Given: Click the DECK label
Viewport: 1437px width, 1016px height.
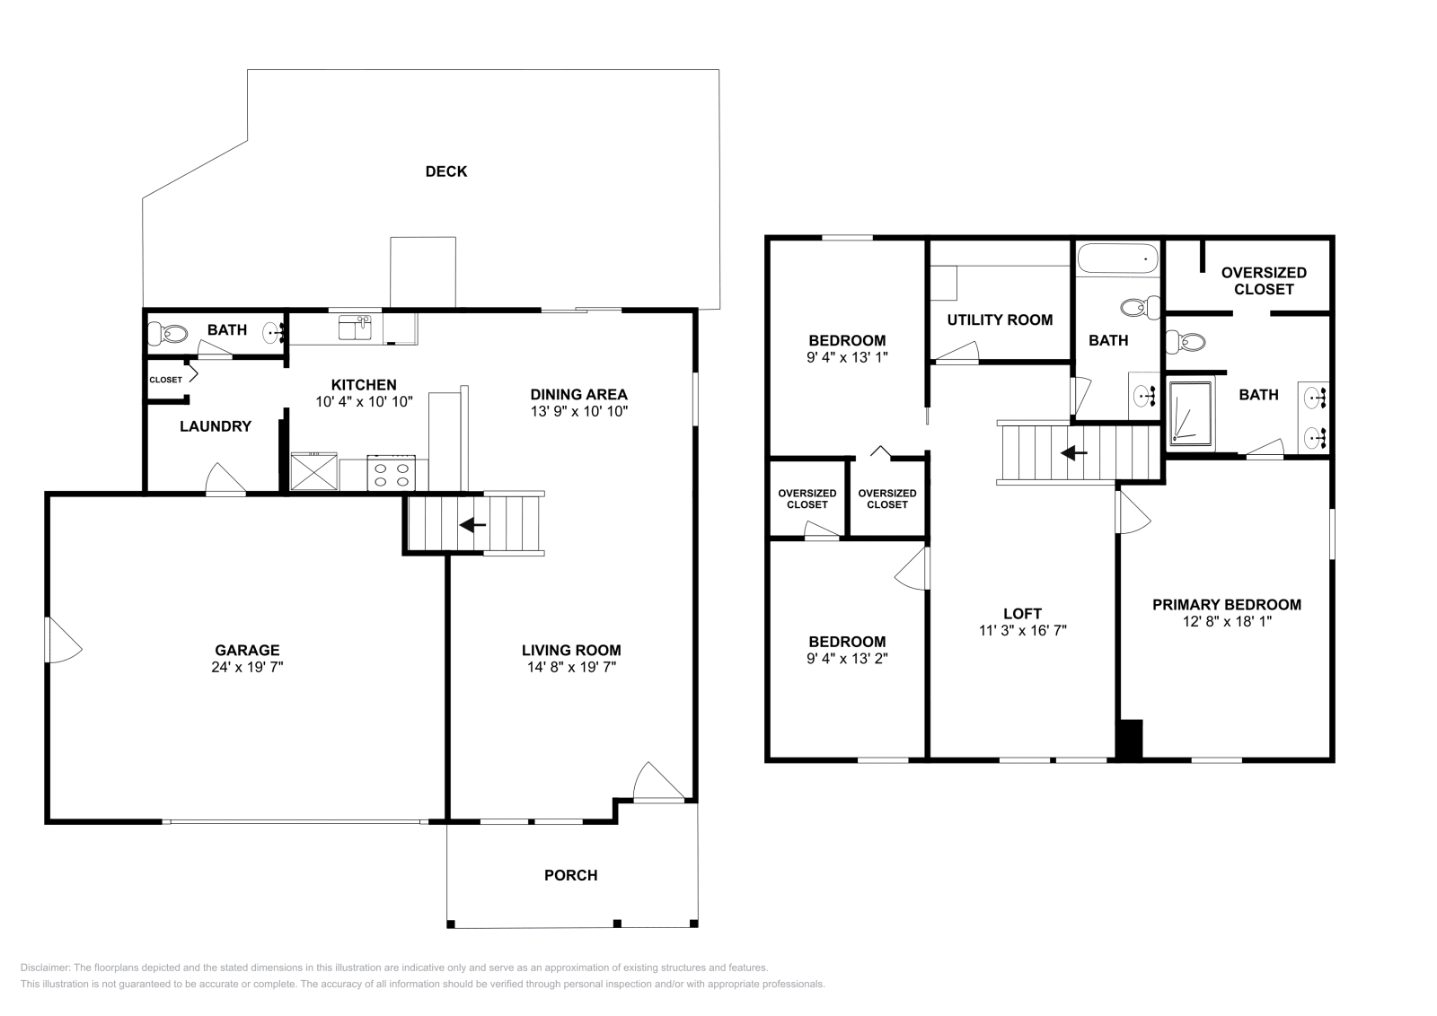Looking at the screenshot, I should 445,171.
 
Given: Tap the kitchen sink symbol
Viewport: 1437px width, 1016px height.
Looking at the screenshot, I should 355,328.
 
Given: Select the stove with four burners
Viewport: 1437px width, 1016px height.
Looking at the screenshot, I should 392,473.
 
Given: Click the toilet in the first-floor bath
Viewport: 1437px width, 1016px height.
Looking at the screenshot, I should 169,334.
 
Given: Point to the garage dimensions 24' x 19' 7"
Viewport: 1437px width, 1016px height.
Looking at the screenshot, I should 247,667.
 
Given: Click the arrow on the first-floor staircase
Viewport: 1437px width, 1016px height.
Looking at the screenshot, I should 472,524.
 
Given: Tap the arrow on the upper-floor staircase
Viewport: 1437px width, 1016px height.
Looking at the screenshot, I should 1073,453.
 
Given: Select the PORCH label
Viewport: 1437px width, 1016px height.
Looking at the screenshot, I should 570,875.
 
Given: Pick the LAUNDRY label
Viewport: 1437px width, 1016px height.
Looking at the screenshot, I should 215,426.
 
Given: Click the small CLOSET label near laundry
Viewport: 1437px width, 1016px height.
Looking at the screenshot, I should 165,380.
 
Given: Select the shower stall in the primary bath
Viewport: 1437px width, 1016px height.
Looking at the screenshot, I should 1190,412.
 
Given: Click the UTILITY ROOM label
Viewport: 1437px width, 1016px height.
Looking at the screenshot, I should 1000,320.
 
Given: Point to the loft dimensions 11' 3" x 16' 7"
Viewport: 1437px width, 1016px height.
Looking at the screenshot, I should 1022,631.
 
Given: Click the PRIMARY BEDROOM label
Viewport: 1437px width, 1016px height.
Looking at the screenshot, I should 1226,604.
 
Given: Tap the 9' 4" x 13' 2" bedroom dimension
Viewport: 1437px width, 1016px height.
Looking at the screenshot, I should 847,658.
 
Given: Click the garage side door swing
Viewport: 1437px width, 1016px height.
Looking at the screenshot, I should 61,640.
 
